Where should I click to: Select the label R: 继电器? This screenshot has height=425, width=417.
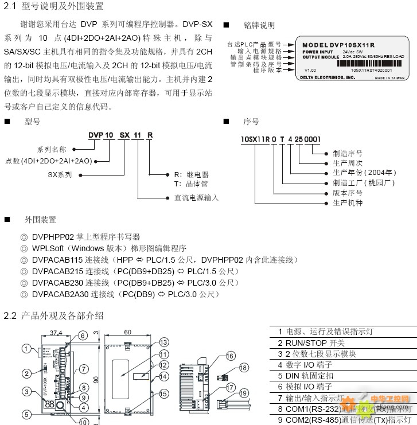(x=192, y=174)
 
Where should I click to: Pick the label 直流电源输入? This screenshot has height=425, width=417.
(x=197, y=198)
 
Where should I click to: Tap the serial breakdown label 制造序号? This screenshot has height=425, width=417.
(x=347, y=154)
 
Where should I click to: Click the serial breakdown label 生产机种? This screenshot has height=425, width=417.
(x=347, y=202)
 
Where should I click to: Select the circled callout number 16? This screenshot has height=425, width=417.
(x=230, y=356)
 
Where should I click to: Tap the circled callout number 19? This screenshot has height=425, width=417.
(x=244, y=393)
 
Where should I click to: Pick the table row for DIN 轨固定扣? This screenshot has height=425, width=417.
(x=313, y=376)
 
